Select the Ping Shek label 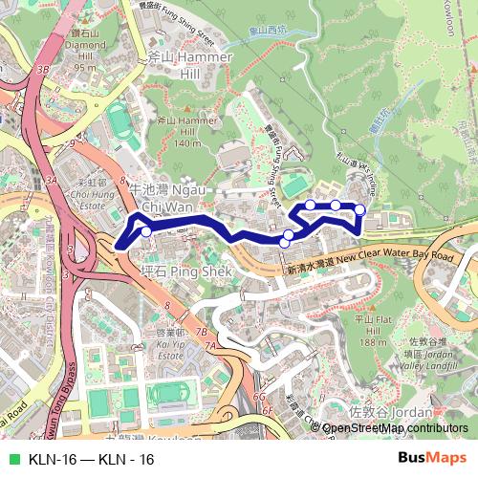pyautogui.click(x=173, y=271)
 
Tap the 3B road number pyautogui.click(x=42, y=70)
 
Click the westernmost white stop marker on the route pyautogui.click(x=145, y=229)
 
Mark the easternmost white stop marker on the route pyautogui.click(x=360, y=209)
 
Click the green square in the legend pyautogui.click(x=12, y=459)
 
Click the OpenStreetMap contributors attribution pyautogui.click(x=394, y=429)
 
